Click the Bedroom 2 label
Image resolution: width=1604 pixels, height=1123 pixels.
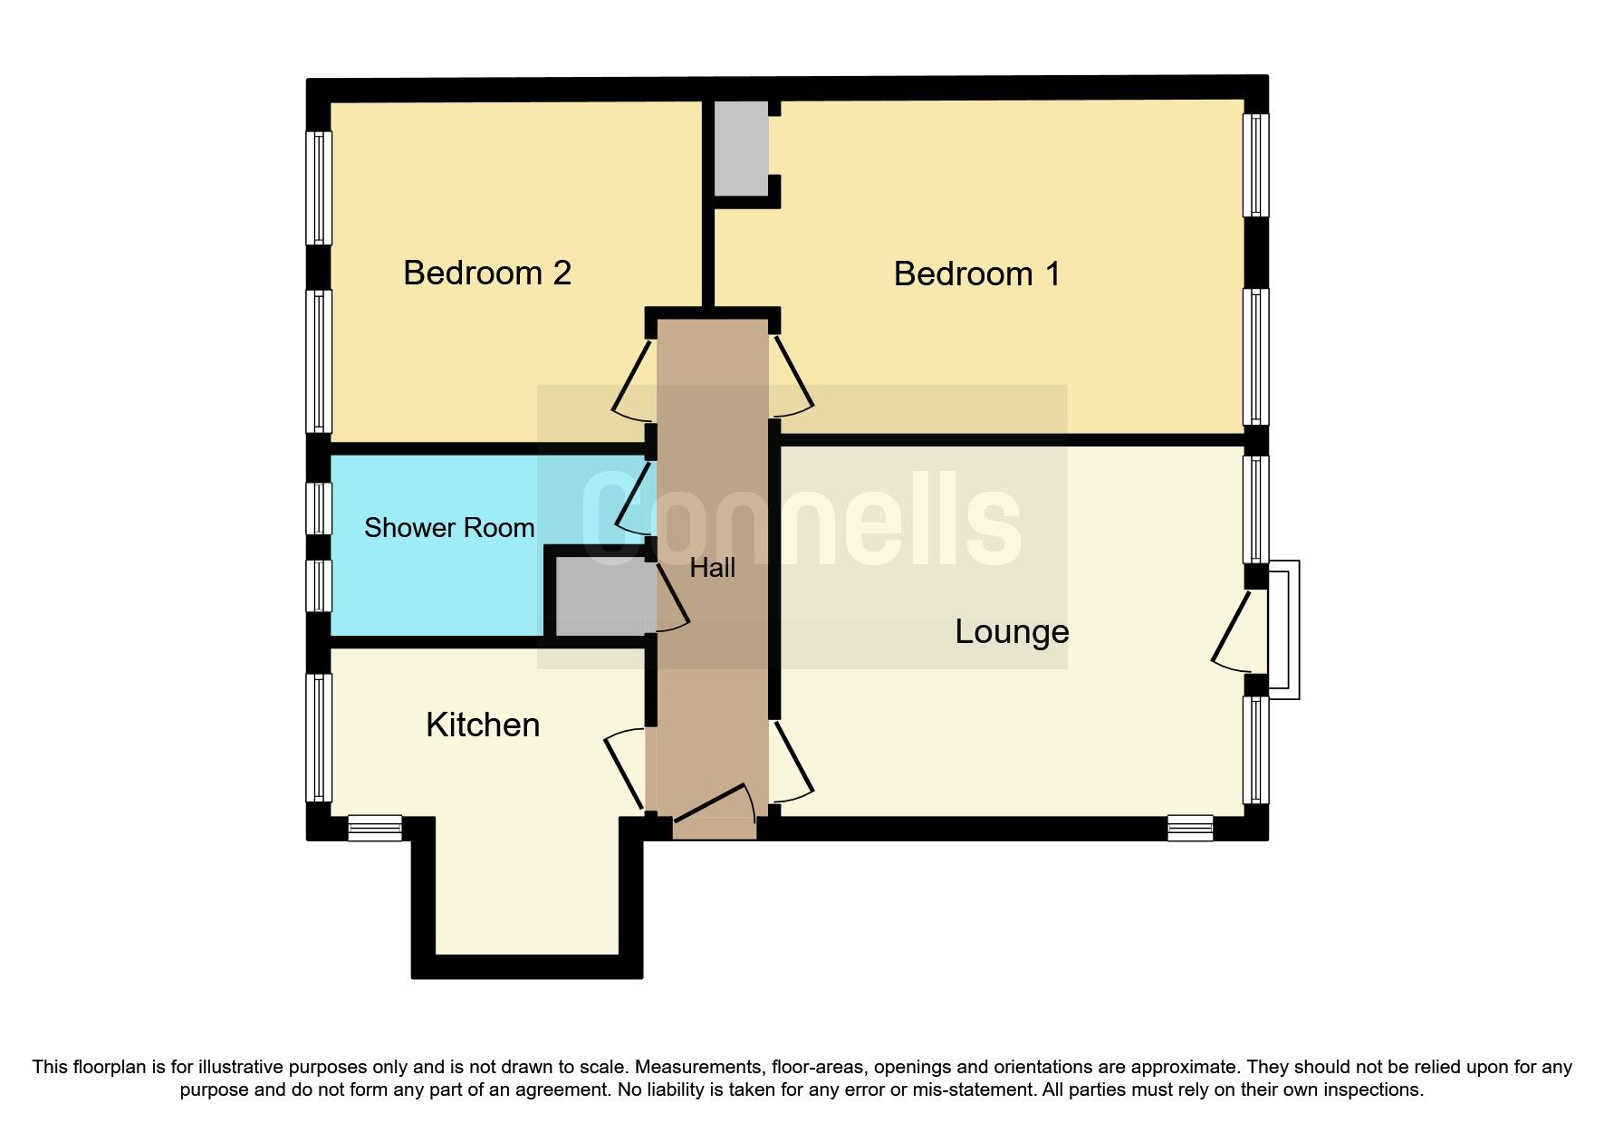[487, 273]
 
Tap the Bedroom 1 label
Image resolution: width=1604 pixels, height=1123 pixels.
[976, 274]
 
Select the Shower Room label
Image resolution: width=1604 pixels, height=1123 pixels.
[449, 528]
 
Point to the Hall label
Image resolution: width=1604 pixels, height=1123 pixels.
[712, 568]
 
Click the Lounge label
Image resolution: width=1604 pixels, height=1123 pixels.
[1012, 631]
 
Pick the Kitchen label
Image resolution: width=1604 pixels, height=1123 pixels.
[483, 725]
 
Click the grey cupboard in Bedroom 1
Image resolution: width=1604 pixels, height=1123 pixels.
[741, 148]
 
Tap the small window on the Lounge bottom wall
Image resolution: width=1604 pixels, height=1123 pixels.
[1190, 828]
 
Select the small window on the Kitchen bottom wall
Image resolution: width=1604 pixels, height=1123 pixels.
[375, 828]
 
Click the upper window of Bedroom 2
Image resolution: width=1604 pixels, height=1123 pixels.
[319, 187]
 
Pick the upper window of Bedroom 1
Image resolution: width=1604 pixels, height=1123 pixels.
[1255, 164]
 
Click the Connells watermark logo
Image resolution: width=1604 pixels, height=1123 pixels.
[802, 520]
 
